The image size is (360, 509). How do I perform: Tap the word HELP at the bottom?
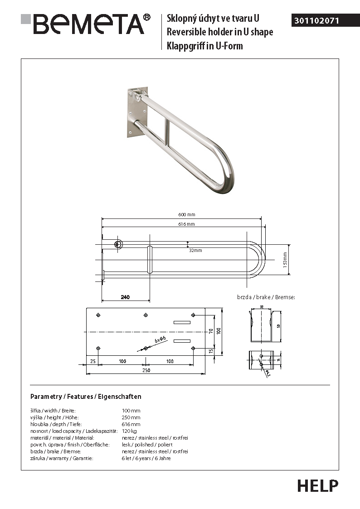click(317, 485)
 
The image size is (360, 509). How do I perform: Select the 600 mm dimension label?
click(187, 215)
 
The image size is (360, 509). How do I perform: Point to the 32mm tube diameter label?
click(195, 250)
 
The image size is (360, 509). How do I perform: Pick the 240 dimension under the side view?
click(125, 297)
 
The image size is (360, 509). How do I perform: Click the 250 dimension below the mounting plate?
click(146, 370)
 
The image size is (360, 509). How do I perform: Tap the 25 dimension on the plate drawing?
click(92, 361)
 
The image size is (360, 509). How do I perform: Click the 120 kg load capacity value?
click(129, 431)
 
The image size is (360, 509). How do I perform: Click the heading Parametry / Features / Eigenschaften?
click(86, 397)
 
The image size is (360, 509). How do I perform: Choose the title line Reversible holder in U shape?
click(220, 32)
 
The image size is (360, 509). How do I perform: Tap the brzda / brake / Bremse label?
click(266, 297)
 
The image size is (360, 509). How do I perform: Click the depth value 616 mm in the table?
click(131, 424)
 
